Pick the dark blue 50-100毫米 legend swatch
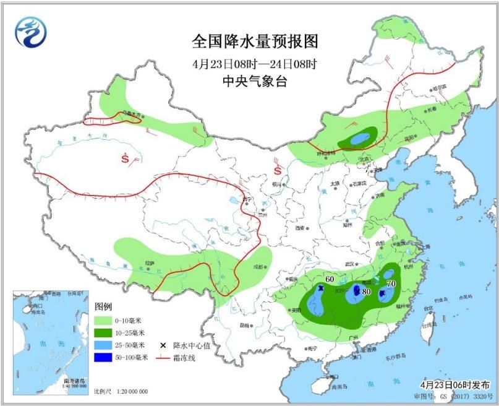(x=104, y=358)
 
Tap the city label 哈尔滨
(x=439, y=89)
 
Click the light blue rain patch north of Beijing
(x=357, y=140)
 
